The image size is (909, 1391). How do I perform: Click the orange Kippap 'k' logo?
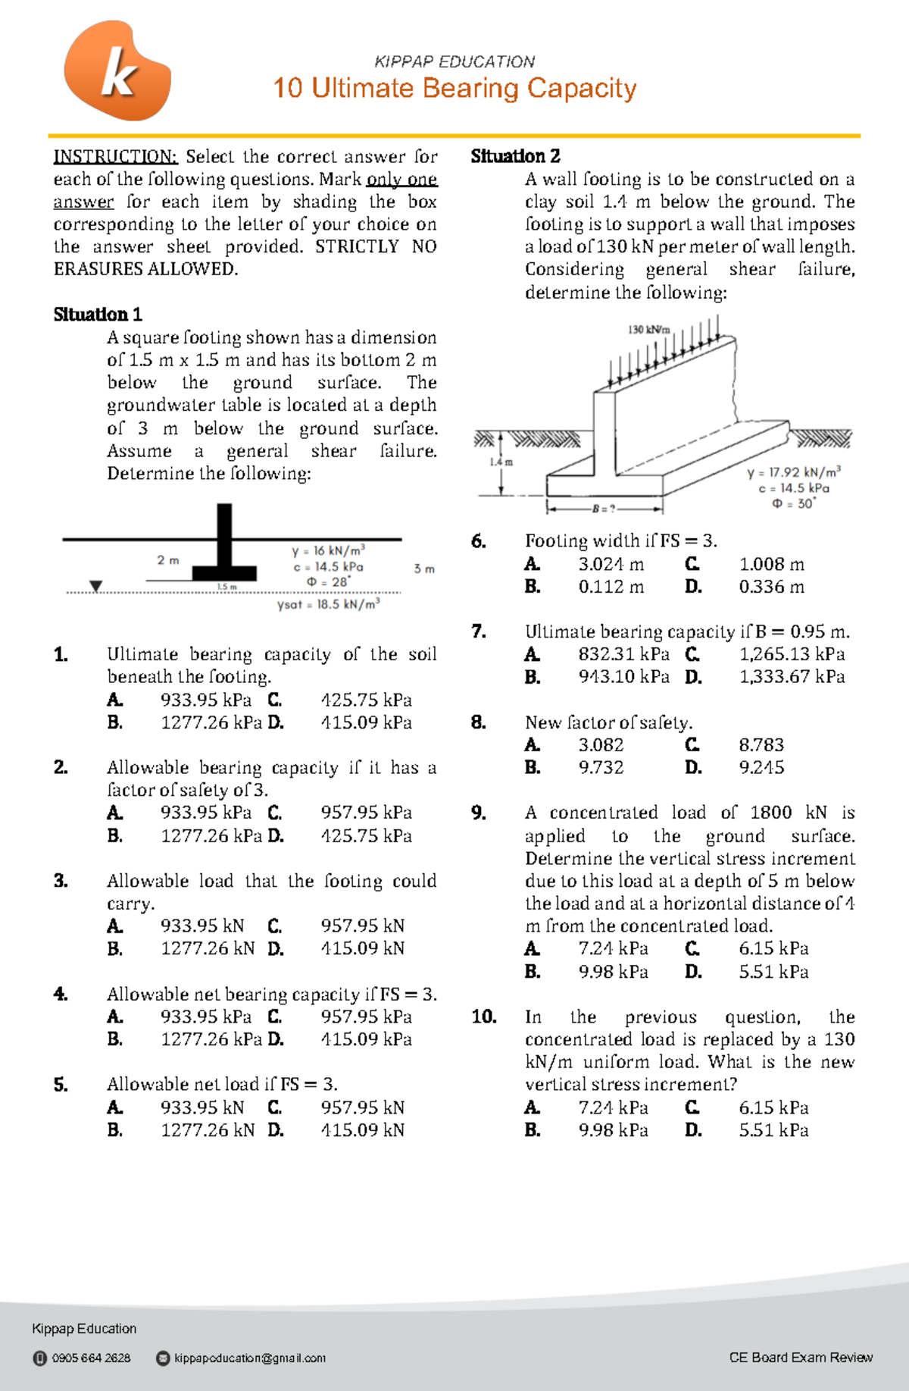pos(117,71)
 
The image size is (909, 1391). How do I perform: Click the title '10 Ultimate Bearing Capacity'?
pos(454,88)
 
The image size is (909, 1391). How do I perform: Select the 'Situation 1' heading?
pos(98,315)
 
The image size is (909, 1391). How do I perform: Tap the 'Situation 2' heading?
pos(515,156)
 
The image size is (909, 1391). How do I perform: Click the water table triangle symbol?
pos(95,586)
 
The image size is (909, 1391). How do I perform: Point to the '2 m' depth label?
pos(168,560)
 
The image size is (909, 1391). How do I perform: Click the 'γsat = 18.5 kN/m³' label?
pos(329,604)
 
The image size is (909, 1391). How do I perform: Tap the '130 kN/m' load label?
pos(648,330)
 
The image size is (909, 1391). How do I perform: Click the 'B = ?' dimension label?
pos(604,508)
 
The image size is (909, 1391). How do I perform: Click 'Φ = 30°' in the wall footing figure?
pos(793,503)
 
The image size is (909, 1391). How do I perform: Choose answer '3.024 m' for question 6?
pos(611,564)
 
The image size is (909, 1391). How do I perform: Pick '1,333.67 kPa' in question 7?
pos(792,676)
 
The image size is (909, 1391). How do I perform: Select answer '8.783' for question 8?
pos(761,744)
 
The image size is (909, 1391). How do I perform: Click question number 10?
pos(483,1017)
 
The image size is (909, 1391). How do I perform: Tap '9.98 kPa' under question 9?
pos(613,971)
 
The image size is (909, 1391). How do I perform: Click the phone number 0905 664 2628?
pos(91,1358)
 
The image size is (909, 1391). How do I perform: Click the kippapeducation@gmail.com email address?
pos(250,1358)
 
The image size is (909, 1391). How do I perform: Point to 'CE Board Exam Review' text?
pos(801,1357)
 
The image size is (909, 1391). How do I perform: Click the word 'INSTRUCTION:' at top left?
pos(115,157)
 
